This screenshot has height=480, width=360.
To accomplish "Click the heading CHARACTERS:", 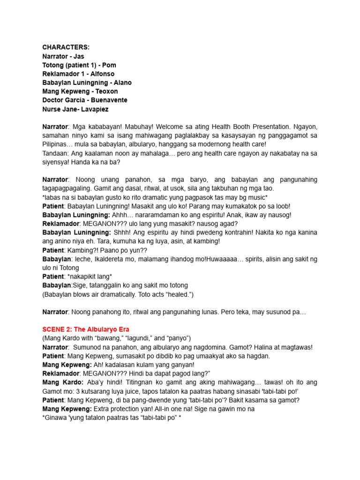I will [x=66, y=47].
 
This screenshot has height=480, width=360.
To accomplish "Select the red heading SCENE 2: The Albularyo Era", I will [x=86, y=330].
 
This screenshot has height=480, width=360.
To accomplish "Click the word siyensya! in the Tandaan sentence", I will [x=58, y=162].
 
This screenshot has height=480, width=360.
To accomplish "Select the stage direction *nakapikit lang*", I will [x=90, y=277].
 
